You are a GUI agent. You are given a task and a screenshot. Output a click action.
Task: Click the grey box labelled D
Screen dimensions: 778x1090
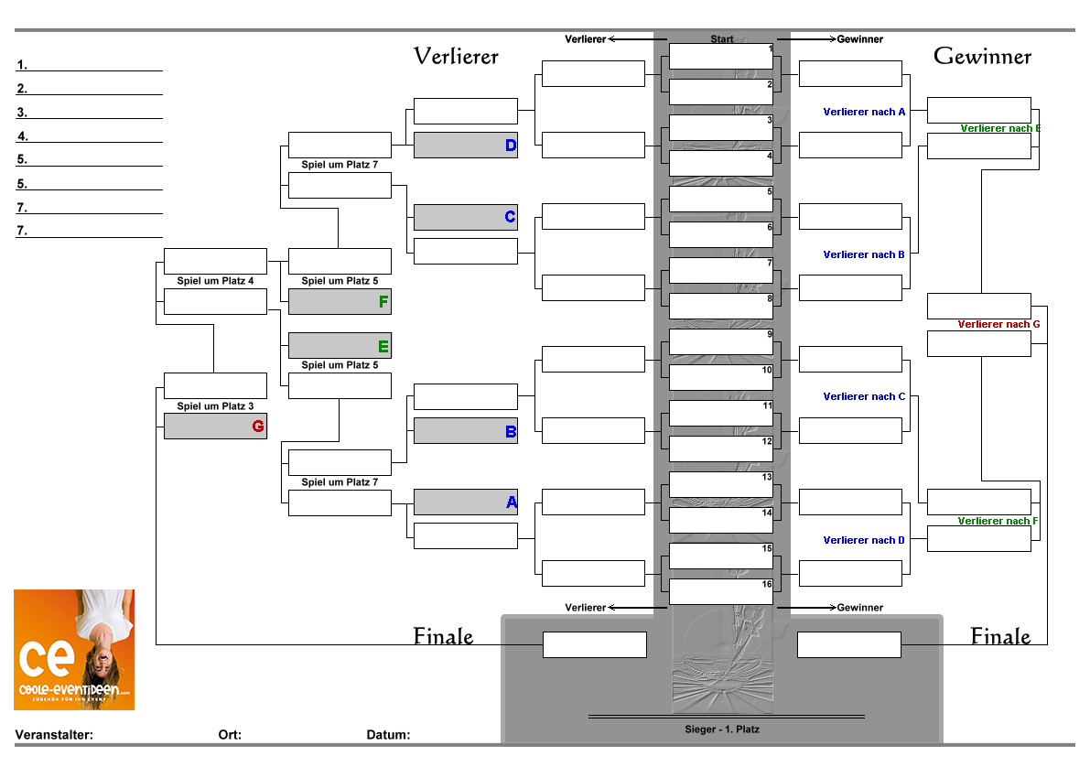[x=465, y=146]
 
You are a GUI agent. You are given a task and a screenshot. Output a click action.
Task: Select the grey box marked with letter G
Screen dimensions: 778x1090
[x=215, y=427]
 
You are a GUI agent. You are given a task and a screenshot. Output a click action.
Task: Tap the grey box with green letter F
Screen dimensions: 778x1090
[x=340, y=302]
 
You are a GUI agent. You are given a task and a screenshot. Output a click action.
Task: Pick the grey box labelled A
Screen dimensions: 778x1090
[x=465, y=502]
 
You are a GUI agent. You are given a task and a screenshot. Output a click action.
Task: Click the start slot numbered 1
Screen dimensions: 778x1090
[x=721, y=56]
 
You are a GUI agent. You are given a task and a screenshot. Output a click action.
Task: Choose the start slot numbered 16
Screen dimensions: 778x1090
[x=721, y=591]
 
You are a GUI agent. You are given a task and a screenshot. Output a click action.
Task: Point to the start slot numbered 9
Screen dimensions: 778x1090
[x=721, y=341]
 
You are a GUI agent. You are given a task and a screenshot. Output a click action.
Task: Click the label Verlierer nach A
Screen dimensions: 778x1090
[x=864, y=112]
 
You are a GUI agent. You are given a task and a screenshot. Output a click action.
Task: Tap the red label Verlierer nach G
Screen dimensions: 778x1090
[x=998, y=324]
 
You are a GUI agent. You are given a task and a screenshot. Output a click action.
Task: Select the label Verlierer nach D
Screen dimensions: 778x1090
[x=864, y=540]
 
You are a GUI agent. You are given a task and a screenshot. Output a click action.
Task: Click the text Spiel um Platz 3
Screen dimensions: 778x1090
[x=215, y=405]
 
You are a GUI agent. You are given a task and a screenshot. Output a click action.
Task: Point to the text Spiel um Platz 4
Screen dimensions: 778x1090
[x=215, y=281]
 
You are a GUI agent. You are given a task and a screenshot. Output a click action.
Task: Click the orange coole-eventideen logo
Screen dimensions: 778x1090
[x=74, y=650]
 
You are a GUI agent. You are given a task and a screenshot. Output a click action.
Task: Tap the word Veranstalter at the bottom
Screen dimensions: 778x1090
[x=54, y=735]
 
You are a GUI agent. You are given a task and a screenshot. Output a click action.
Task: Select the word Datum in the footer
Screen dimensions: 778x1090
[x=388, y=735]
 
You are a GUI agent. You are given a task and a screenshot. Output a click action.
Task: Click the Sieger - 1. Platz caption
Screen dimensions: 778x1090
[x=722, y=729]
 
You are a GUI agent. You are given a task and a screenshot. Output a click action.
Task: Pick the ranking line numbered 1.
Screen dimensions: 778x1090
[x=89, y=66]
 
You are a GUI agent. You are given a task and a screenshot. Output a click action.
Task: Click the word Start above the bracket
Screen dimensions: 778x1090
[x=722, y=39]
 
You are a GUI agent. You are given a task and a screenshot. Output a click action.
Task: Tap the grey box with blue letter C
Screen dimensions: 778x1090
[x=465, y=217]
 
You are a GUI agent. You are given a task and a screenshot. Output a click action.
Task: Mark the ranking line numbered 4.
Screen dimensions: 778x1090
[x=89, y=137]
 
